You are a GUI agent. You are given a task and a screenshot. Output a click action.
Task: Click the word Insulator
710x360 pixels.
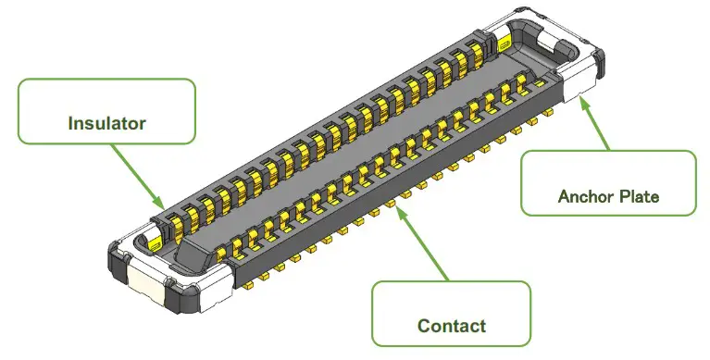pyautogui.click(x=106, y=122)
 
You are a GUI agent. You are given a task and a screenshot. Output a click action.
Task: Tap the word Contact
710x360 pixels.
pyautogui.click(x=452, y=326)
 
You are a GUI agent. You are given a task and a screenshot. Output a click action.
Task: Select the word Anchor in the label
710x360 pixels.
pyautogui.click(x=583, y=196)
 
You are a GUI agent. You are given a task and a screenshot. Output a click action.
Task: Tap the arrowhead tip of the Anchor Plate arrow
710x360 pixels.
pyautogui.click(x=579, y=96)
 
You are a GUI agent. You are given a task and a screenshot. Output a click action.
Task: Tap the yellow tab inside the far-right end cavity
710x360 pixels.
pyautogui.click(x=504, y=42)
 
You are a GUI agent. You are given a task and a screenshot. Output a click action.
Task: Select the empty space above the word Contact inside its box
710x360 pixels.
pyautogui.click(x=452, y=301)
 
